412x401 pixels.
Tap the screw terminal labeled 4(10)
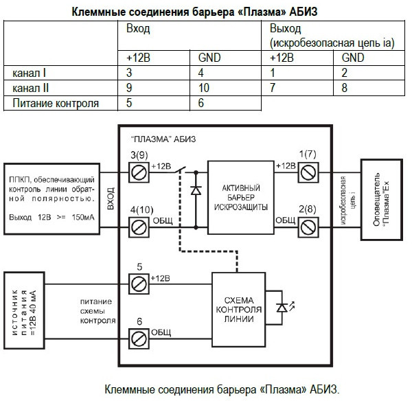(139, 225)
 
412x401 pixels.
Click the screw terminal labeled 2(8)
(306, 225)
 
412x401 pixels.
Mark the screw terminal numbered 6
(139, 337)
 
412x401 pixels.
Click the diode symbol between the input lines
(196, 190)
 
